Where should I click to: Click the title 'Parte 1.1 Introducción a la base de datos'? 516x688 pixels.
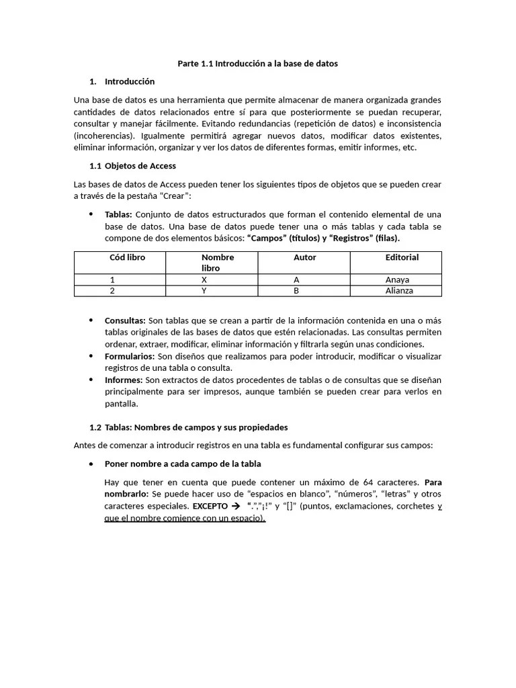(x=257, y=64)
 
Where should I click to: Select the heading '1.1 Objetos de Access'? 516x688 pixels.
(x=133, y=166)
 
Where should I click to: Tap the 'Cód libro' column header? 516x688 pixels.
(x=127, y=257)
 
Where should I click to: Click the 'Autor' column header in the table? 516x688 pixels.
(x=304, y=257)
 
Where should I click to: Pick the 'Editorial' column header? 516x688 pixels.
(x=402, y=257)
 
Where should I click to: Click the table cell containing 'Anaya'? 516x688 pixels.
(x=397, y=279)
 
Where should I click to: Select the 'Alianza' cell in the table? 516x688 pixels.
(x=399, y=291)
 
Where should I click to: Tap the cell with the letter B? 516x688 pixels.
(x=296, y=291)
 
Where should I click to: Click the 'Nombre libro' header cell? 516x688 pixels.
(x=218, y=263)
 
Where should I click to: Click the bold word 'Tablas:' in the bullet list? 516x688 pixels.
(x=119, y=215)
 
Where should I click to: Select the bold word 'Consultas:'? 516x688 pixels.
(x=125, y=320)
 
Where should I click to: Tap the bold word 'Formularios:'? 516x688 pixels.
(x=130, y=356)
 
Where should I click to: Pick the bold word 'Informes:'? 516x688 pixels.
(x=124, y=380)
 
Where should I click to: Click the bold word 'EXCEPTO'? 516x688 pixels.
(x=210, y=506)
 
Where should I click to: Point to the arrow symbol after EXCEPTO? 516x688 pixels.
(x=234, y=506)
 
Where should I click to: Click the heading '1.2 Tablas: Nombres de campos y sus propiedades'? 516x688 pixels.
(x=189, y=427)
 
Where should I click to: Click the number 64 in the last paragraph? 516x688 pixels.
(x=368, y=482)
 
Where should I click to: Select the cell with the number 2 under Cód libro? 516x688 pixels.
(x=112, y=291)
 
